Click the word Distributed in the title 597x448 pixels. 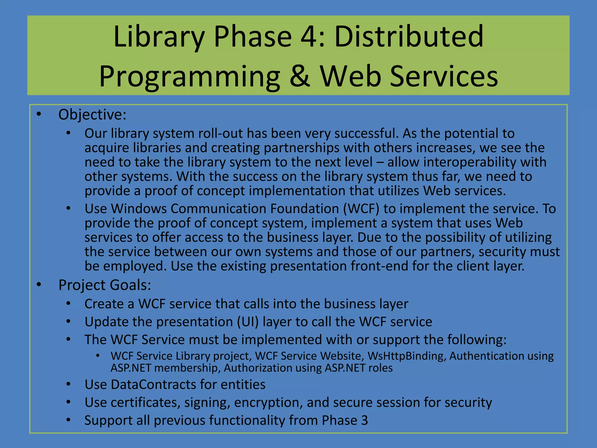click(409, 37)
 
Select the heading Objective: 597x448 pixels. click(92, 115)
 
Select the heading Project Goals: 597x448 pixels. click(105, 285)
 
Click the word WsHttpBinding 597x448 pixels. click(407, 356)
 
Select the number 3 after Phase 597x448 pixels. click(364, 420)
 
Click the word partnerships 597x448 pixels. click(302, 148)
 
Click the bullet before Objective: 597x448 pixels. click(39, 114)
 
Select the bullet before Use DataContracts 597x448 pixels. click(68, 384)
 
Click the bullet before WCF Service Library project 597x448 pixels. click(98, 356)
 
